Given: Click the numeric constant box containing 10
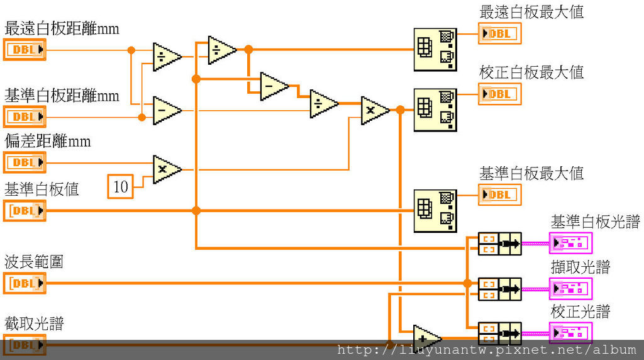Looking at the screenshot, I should pos(121,186).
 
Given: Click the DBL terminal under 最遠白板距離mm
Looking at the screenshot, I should pos(25,50).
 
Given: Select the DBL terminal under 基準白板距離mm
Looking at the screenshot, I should pos(25,116).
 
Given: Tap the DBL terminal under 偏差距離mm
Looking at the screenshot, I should pos(25,162).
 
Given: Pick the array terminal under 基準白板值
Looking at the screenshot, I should pos(25,210).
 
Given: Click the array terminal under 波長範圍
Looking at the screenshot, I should pos(25,283).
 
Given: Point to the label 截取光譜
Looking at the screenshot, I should pos(34,323).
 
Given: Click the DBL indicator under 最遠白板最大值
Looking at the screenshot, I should pos(499,34).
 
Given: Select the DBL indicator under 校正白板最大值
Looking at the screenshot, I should pos(499,94).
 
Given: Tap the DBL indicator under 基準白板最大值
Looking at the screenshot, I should pos(499,194).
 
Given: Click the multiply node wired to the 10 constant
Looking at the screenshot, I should pos(166,169).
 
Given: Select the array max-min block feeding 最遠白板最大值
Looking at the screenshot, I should pos(435,50).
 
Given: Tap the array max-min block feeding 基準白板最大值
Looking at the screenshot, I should pos(435,210).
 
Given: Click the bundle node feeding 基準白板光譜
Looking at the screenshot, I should pos(499,243).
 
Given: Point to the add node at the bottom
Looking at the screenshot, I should pos(426,336).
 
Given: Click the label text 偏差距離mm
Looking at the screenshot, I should pos(48,141).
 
